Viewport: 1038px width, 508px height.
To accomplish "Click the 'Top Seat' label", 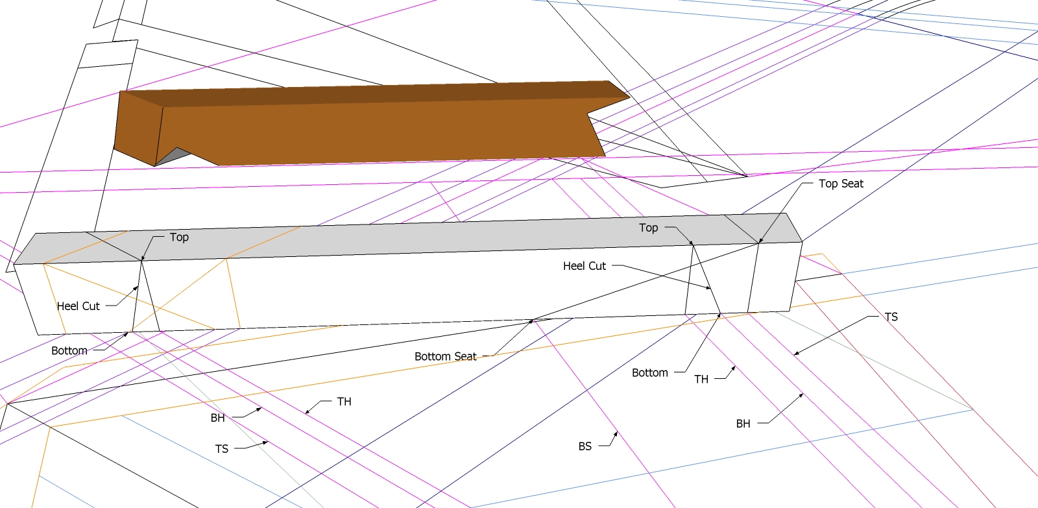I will [x=841, y=184].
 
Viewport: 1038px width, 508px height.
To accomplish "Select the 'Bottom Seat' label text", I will [x=445, y=356].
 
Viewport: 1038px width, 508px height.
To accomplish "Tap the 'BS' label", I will [x=585, y=446].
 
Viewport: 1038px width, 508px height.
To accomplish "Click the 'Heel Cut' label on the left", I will [x=78, y=306].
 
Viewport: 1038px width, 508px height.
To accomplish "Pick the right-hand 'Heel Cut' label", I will [x=584, y=266].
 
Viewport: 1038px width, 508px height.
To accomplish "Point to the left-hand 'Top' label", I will [x=179, y=237].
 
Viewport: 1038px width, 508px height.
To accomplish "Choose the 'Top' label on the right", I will [x=648, y=228].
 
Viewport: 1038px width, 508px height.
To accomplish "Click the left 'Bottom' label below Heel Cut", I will [x=69, y=351].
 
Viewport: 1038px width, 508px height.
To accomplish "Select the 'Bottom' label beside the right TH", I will [x=649, y=373].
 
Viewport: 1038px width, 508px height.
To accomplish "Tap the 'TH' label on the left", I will [x=344, y=402].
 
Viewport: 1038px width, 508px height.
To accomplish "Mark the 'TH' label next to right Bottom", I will [x=701, y=380].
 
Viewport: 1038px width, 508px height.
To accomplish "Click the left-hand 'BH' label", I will [x=217, y=418].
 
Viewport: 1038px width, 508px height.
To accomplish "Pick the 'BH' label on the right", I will [x=743, y=424].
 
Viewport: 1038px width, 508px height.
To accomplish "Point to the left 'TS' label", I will [x=221, y=449].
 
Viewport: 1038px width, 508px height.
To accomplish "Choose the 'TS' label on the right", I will [x=891, y=317].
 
